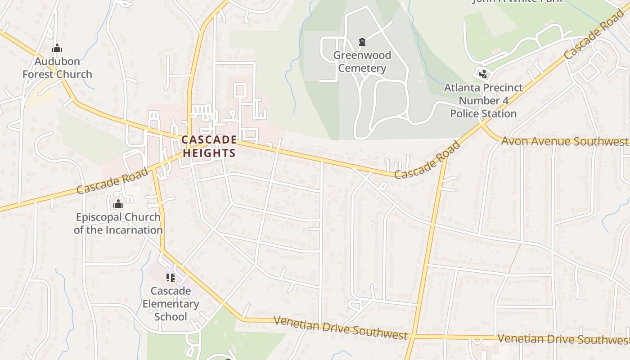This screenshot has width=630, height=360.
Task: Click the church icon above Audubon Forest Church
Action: click(x=57, y=48)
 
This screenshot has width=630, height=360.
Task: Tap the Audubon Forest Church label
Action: click(x=57, y=68)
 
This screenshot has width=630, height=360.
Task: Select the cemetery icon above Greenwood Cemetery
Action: click(x=362, y=42)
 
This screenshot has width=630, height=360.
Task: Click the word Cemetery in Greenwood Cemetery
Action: click(x=362, y=68)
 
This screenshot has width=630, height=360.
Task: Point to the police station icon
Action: click(x=483, y=73)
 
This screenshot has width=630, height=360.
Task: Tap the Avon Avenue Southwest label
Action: click(x=564, y=142)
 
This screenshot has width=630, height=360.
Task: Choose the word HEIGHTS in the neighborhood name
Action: click(x=209, y=153)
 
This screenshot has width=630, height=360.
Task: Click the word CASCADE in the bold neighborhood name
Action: click(x=209, y=140)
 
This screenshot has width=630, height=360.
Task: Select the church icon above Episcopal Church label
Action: click(x=118, y=204)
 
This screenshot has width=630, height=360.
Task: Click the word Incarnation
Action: click(x=134, y=230)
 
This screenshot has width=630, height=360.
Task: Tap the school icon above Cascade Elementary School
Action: click(x=170, y=278)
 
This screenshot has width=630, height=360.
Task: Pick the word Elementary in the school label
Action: click(x=171, y=304)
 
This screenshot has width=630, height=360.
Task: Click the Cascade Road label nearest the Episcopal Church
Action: click(x=112, y=180)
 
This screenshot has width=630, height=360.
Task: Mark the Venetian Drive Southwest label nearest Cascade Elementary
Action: click(x=340, y=328)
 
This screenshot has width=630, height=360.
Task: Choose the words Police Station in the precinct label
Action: click(x=483, y=113)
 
